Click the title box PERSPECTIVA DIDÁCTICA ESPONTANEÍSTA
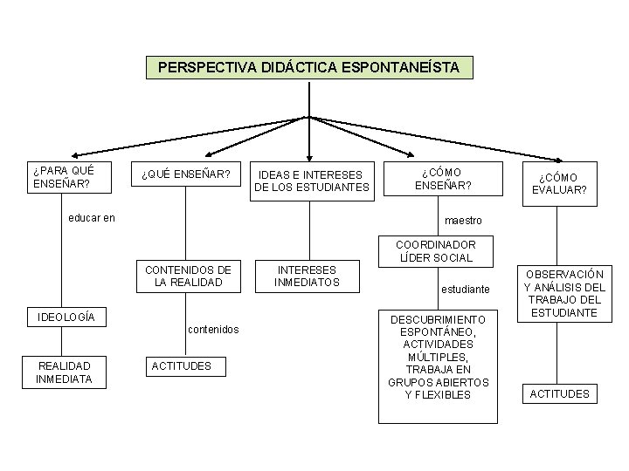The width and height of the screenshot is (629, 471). pyautogui.click(x=308, y=67)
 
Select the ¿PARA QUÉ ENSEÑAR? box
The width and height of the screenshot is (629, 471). pyautogui.click(x=62, y=177)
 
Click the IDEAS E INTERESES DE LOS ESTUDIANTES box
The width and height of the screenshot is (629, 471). pyautogui.click(x=312, y=180)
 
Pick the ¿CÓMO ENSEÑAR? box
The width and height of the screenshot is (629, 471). pyautogui.click(x=443, y=179)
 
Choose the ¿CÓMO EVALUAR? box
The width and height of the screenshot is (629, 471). pyautogui.click(x=560, y=183)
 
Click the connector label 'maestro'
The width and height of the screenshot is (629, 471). pyautogui.click(x=463, y=221)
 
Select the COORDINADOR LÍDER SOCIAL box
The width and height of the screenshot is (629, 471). pyautogui.click(x=435, y=251)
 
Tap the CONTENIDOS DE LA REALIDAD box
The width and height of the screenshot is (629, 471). pyautogui.click(x=188, y=276)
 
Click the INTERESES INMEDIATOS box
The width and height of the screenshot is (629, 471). pyautogui.click(x=307, y=276)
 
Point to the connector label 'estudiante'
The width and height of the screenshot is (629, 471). pyautogui.click(x=466, y=288)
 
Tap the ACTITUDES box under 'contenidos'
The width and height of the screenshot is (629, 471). pyautogui.click(x=182, y=365)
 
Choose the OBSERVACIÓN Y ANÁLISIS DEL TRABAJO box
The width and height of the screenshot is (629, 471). pyautogui.click(x=564, y=293)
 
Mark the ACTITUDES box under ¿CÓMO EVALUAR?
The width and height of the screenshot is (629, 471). pyautogui.click(x=560, y=393)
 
